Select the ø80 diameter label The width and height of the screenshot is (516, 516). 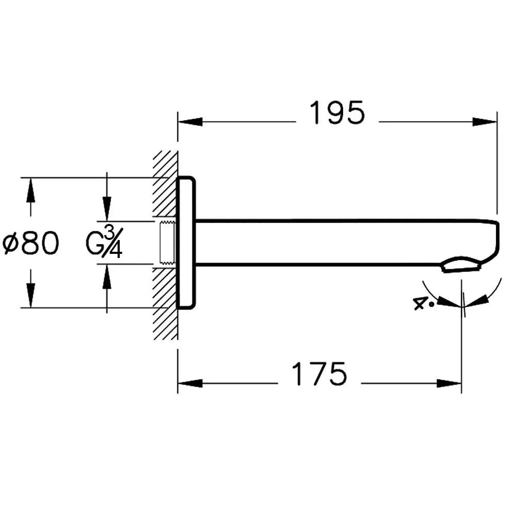[30, 244]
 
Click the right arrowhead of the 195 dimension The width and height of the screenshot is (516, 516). [485, 122]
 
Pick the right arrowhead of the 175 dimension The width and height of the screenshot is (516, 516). [449, 383]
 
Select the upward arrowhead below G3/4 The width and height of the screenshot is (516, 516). [107, 276]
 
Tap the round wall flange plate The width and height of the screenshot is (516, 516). [186, 243]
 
